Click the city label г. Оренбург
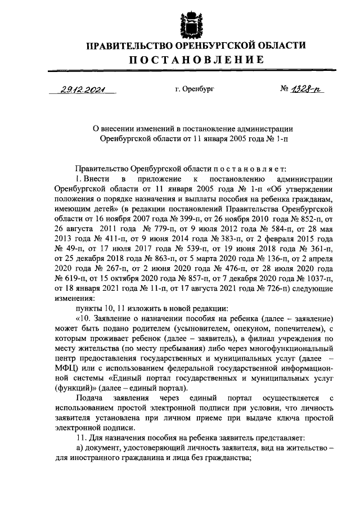click(x=195, y=89)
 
